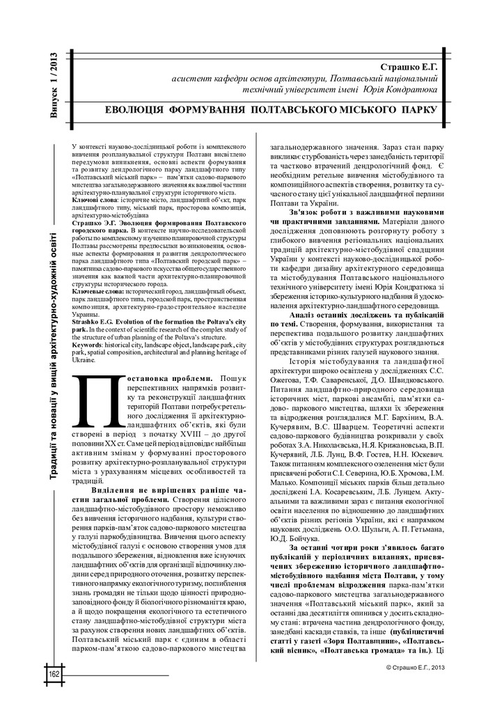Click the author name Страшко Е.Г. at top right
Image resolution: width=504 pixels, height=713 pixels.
[411, 67]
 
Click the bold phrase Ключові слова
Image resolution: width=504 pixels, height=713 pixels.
[95, 199]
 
